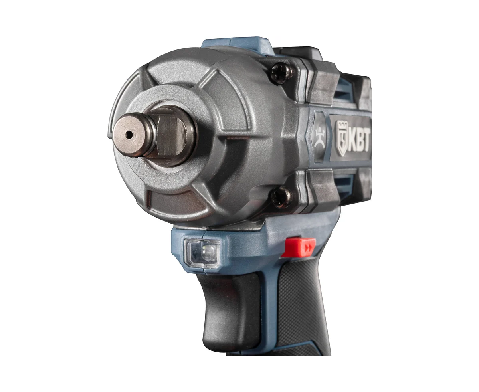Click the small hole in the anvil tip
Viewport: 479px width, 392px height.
tap(129, 135)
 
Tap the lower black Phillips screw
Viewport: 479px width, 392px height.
tap(281, 197)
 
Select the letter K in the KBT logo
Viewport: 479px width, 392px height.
tap(352, 143)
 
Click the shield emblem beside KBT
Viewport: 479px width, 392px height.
tap(342, 138)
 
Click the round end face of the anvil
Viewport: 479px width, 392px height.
tap(129, 135)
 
